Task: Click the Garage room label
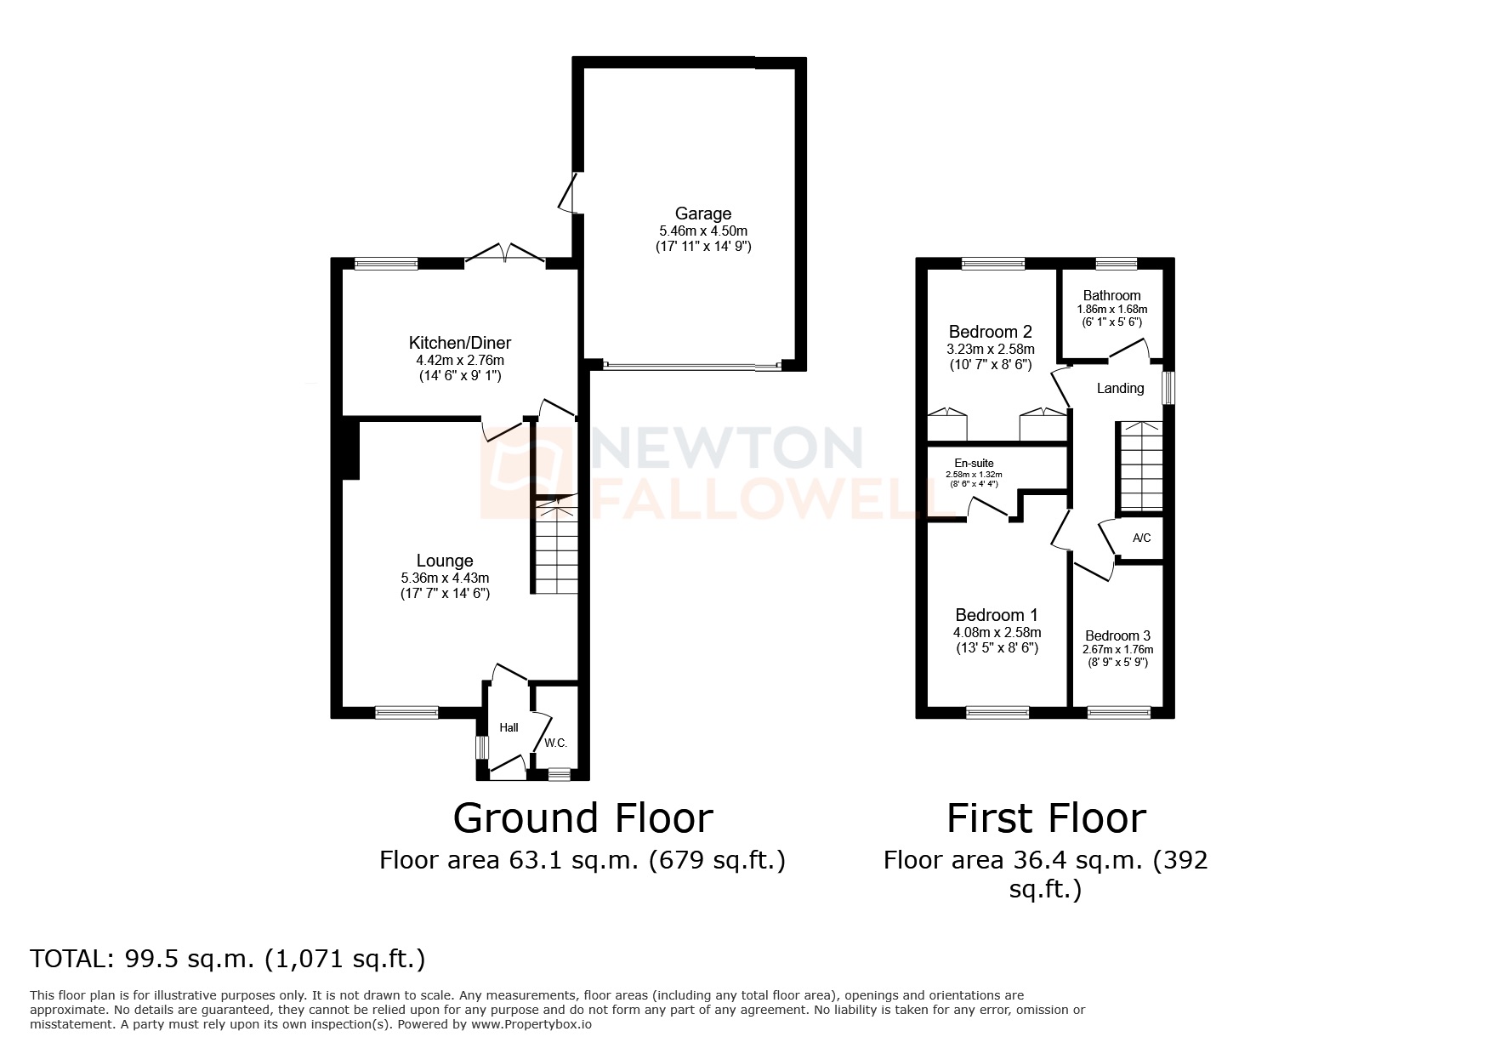click(702, 214)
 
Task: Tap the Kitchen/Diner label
click(460, 343)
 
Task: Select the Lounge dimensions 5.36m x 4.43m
click(445, 578)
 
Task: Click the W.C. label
click(555, 743)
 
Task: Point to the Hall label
click(509, 727)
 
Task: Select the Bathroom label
click(1111, 295)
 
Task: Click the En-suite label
click(974, 464)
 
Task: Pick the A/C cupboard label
click(1141, 538)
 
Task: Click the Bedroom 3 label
click(1117, 635)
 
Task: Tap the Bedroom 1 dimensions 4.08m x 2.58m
click(997, 632)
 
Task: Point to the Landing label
click(1120, 388)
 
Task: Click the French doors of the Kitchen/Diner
click(504, 254)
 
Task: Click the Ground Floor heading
click(583, 818)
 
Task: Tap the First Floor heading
click(1046, 818)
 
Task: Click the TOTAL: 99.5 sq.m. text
click(227, 959)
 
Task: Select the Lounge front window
click(407, 712)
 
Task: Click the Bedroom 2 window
click(993, 264)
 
